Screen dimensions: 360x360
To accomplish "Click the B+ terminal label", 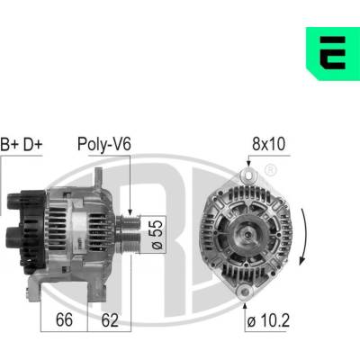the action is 10,144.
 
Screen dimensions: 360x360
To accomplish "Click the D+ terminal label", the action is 33,144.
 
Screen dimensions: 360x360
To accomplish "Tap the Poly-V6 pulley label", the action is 104,144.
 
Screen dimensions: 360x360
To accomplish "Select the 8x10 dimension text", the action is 268,144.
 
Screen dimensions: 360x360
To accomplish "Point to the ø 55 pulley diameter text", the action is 157,234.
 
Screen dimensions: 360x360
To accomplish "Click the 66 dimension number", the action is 64,319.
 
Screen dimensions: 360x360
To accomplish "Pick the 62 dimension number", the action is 110,319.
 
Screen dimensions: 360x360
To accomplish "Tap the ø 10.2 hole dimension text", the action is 268,321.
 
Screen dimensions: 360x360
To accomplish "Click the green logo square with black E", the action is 333,54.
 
